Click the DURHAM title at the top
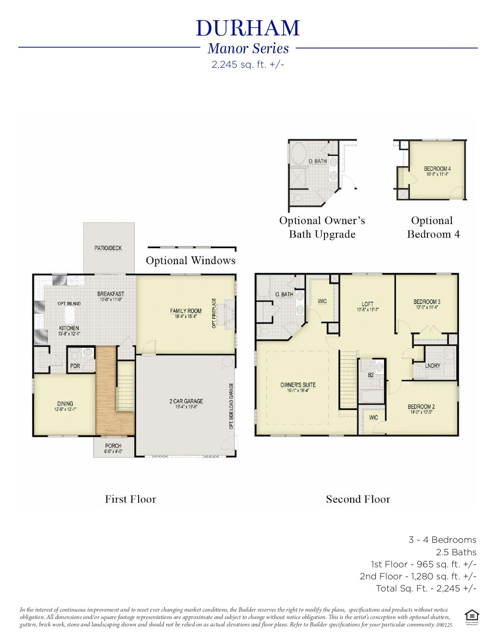[x=248, y=28]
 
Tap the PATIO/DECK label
[x=108, y=248]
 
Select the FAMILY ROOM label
[x=186, y=311]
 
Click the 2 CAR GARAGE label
[x=186, y=401]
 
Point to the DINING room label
[x=65, y=404]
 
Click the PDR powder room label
[x=75, y=366]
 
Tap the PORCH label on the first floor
[x=113, y=446]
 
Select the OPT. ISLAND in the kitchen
[x=69, y=303]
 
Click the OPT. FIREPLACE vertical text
[x=214, y=313]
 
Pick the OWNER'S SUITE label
[x=298, y=385]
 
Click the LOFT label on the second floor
[x=367, y=304]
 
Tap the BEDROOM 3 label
[x=426, y=302]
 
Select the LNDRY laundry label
[x=433, y=366]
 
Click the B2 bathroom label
[x=371, y=375]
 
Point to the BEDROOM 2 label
[x=421, y=407]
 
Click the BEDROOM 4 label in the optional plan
[x=437, y=169]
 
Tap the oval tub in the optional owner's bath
[x=299, y=152]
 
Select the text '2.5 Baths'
[x=456, y=552]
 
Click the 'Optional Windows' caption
[x=191, y=260]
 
